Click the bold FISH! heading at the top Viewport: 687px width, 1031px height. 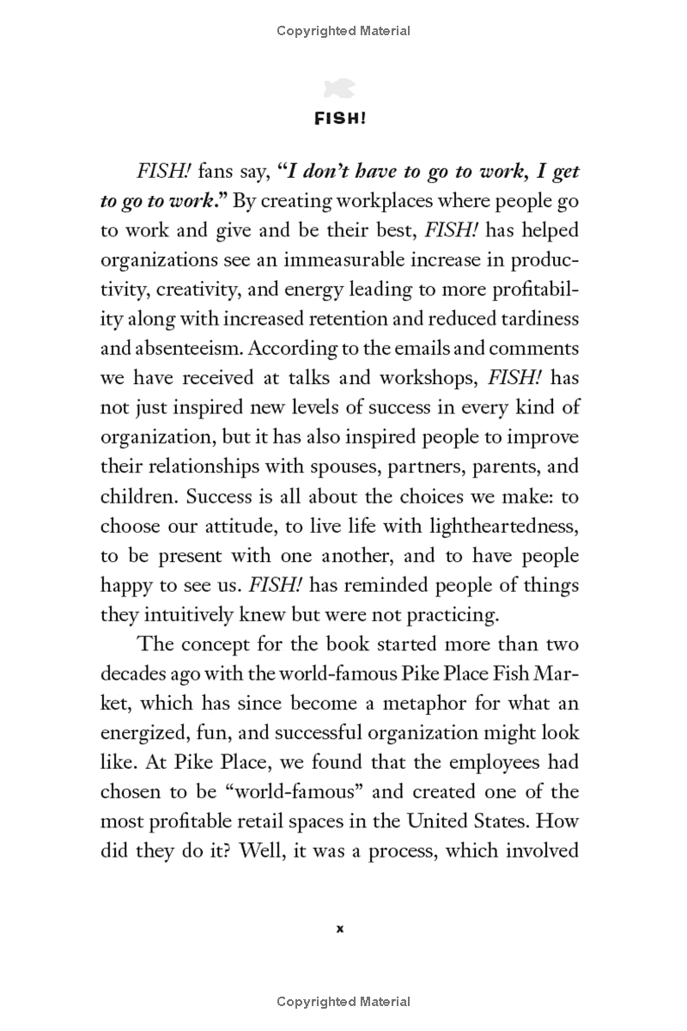point(340,119)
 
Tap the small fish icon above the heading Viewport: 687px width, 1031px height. point(340,88)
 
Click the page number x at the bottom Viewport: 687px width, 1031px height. point(340,928)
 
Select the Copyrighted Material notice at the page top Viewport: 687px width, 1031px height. point(343,31)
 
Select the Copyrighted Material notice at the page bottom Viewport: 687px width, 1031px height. point(343,1001)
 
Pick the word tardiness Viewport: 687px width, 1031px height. point(536,320)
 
